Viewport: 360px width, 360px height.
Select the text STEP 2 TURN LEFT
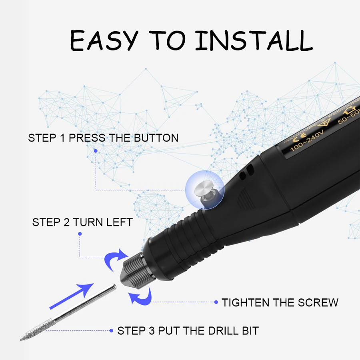82,222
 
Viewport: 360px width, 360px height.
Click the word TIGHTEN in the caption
246,302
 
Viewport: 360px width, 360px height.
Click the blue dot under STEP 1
96,151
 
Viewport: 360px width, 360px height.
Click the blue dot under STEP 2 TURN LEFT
80,234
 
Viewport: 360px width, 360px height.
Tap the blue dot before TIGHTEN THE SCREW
216,302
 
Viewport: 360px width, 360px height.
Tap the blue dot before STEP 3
112,331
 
